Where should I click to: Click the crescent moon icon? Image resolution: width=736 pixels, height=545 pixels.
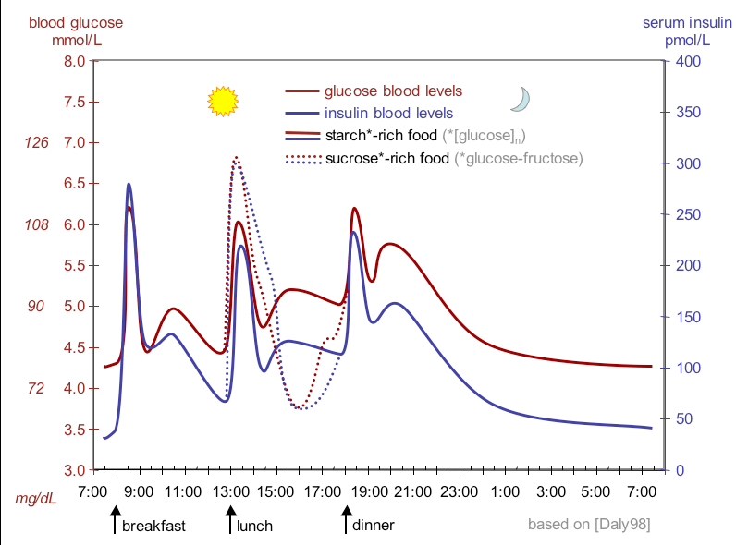pyautogui.click(x=522, y=99)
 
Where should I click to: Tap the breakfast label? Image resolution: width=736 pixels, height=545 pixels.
pyautogui.click(x=153, y=526)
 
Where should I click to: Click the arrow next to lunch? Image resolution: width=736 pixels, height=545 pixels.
pyautogui.click(x=230, y=521)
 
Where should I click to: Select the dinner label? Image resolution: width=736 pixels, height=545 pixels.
pyautogui.click(x=374, y=525)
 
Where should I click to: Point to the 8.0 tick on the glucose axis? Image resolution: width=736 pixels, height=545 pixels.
pyautogui.click(x=74, y=61)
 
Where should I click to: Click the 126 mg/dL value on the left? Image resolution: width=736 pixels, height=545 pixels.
pyautogui.click(x=35, y=143)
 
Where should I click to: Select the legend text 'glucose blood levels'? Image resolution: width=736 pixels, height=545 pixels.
pyautogui.click(x=393, y=91)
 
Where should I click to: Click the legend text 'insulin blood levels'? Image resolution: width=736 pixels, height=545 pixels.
pyautogui.click(x=388, y=114)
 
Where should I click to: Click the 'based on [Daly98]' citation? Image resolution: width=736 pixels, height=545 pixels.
pyautogui.click(x=588, y=524)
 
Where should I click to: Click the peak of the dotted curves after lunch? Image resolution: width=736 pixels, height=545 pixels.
pyautogui.click(x=236, y=158)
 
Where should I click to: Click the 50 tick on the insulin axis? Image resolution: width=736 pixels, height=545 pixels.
pyautogui.click(x=680, y=419)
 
